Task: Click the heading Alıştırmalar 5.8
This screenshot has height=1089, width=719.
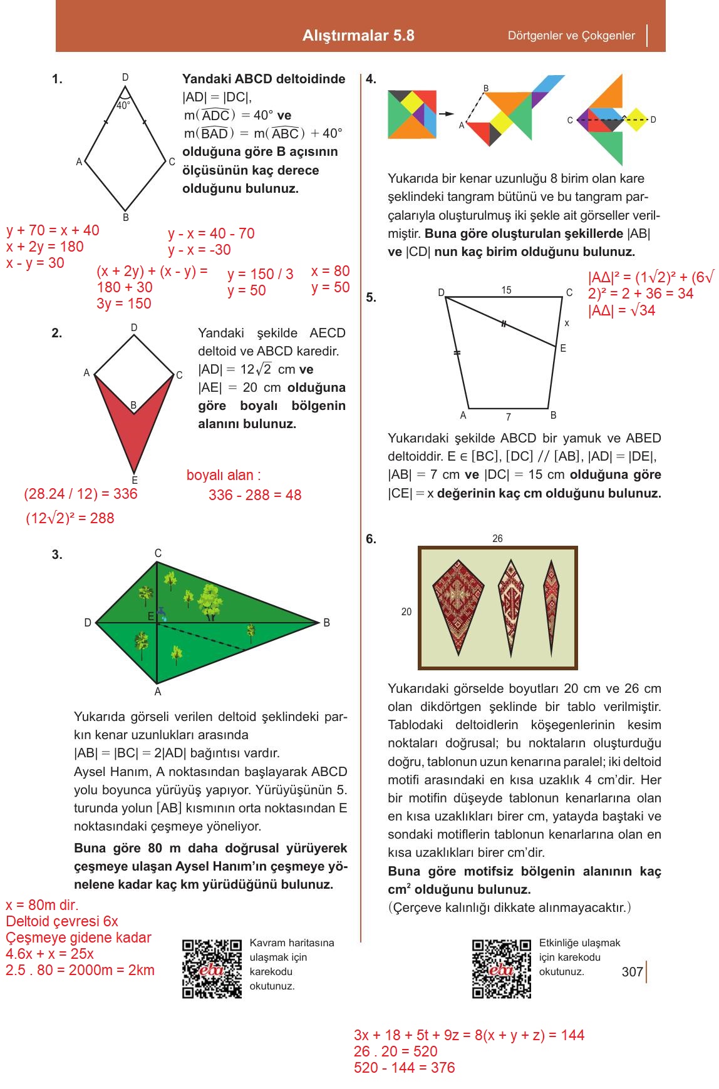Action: point(358,36)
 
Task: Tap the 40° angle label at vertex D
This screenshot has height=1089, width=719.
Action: point(123,106)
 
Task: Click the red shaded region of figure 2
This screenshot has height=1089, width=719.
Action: point(134,432)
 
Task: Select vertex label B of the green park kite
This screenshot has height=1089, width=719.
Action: point(326,623)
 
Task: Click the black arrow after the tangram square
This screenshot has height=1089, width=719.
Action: point(446,114)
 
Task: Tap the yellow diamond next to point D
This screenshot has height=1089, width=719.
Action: point(636,120)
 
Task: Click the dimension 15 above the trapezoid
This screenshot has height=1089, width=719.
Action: point(506,290)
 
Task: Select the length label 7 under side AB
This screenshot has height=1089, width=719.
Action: point(508,417)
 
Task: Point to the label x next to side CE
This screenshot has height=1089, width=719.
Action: point(567,323)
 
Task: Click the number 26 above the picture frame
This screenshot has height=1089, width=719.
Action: point(497,538)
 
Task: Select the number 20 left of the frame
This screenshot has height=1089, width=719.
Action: point(406,611)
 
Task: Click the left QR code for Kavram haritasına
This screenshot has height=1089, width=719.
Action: point(212,969)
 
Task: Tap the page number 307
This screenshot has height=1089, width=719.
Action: point(633,972)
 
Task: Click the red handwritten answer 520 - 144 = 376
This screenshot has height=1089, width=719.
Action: point(404,1068)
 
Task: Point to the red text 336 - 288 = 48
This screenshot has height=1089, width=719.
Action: point(255,495)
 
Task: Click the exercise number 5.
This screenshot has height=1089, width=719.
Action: point(371,298)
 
